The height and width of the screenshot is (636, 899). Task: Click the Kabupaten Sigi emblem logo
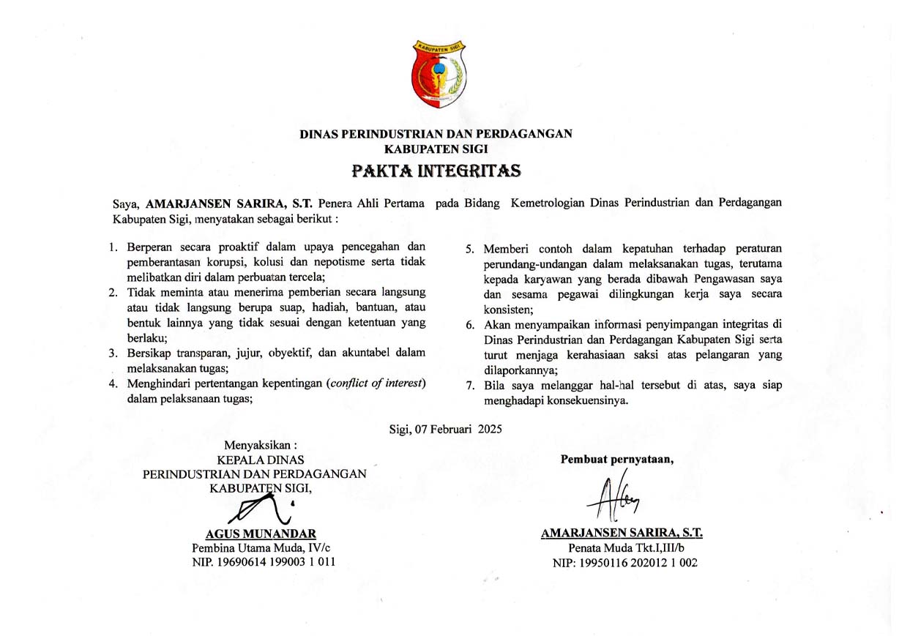coord(439,75)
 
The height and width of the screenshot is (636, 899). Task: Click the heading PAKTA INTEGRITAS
coord(436,171)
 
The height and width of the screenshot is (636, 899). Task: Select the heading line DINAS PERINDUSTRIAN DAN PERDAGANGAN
coord(436,134)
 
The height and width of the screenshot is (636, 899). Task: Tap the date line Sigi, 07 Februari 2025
coord(445,430)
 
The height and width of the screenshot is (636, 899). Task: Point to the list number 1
coord(114,247)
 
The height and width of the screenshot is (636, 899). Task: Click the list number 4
coord(114,384)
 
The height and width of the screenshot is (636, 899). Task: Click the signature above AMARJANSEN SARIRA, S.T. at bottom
coord(613,498)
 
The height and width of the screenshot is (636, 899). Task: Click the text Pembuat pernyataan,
coord(617,460)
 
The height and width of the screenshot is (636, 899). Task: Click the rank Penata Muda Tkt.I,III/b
coord(627,547)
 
